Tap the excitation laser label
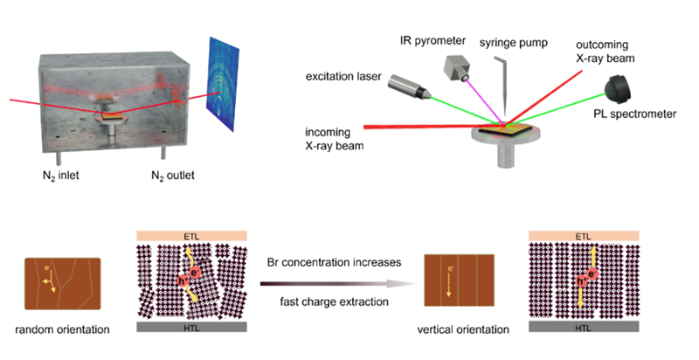click(338, 79)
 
